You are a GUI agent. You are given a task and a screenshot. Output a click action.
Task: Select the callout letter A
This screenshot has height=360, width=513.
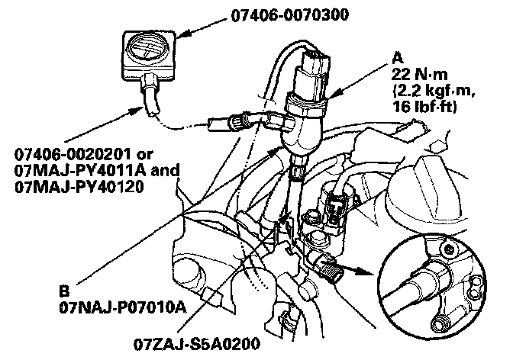(397, 56)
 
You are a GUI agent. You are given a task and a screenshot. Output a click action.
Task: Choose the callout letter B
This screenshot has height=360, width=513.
(65, 291)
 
